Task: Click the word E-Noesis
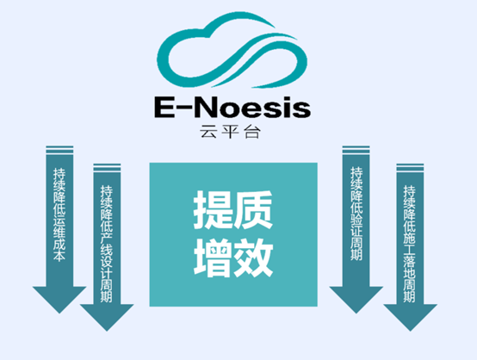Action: [x=232, y=107]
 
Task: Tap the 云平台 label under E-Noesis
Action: [x=230, y=132]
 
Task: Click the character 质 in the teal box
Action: [x=253, y=210]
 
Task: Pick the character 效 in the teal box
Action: [x=253, y=258]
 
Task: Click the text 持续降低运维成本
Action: [x=59, y=214]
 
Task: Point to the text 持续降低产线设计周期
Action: [x=107, y=244]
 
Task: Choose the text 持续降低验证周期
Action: [x=356, y=214]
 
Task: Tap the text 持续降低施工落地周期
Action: [x=410, y=244]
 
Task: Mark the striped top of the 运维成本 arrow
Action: [x=59, y=151]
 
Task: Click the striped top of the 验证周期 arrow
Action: [x=356, y=151]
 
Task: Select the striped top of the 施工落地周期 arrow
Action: [x=410, y=168]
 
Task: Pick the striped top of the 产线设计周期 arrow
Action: [x=107, y=168]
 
